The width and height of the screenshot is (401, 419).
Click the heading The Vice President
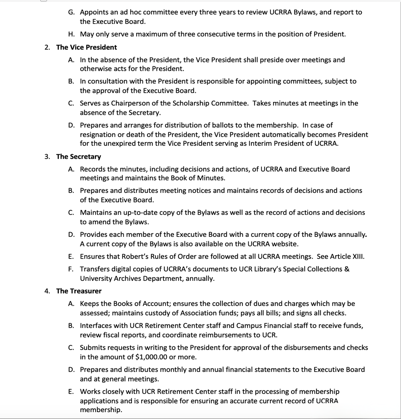click(86, 47)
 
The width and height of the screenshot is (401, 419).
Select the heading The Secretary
click(78, 157)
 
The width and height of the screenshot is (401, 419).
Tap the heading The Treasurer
click(79, 291)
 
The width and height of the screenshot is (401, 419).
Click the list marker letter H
click(71, 34)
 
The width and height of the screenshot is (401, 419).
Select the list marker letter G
click(71, 12)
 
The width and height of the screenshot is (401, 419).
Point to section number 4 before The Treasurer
click(47, 291)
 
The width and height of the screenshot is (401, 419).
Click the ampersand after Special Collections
click(347, 269)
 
